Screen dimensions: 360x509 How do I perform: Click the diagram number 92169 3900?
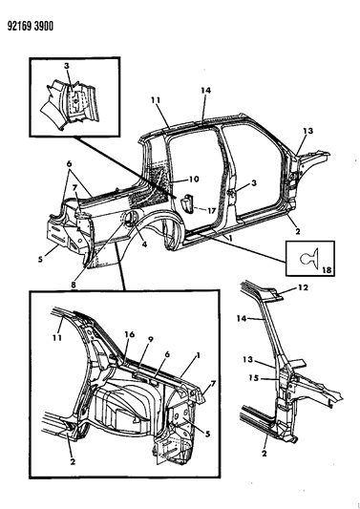[31, 26]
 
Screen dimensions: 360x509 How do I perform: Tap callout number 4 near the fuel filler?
[144, 244]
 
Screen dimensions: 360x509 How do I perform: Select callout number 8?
[73, 285]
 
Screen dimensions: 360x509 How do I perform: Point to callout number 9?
[150, 340]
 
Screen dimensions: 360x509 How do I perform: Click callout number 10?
[194, 180]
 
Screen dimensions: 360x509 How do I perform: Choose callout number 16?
[130, 334]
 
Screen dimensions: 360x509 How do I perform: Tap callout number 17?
[211, 211]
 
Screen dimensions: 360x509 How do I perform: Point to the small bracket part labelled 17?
[187, 203]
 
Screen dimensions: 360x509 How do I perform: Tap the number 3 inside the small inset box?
[67, 66]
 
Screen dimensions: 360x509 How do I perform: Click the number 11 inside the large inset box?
[57, 338]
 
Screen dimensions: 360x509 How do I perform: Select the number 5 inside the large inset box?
[207, 434]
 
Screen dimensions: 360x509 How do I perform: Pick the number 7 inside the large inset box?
[213, 384]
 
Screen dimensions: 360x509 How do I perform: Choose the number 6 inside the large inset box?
[166, 355]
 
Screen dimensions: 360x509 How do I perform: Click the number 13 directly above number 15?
[248, 360]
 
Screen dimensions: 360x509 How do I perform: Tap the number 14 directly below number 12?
[243, 318]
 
